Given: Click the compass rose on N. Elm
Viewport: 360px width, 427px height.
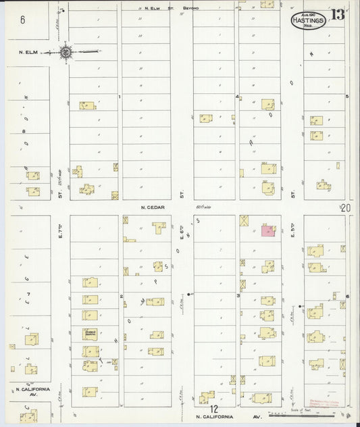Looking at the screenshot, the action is point(66,51).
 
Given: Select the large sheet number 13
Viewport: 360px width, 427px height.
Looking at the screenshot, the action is point(338,15).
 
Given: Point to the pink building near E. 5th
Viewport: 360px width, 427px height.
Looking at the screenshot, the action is point(268,231).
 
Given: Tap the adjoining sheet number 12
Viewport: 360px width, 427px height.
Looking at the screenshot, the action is point(213,409).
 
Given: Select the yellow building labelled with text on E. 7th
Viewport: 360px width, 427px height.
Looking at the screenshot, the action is point(91,332).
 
